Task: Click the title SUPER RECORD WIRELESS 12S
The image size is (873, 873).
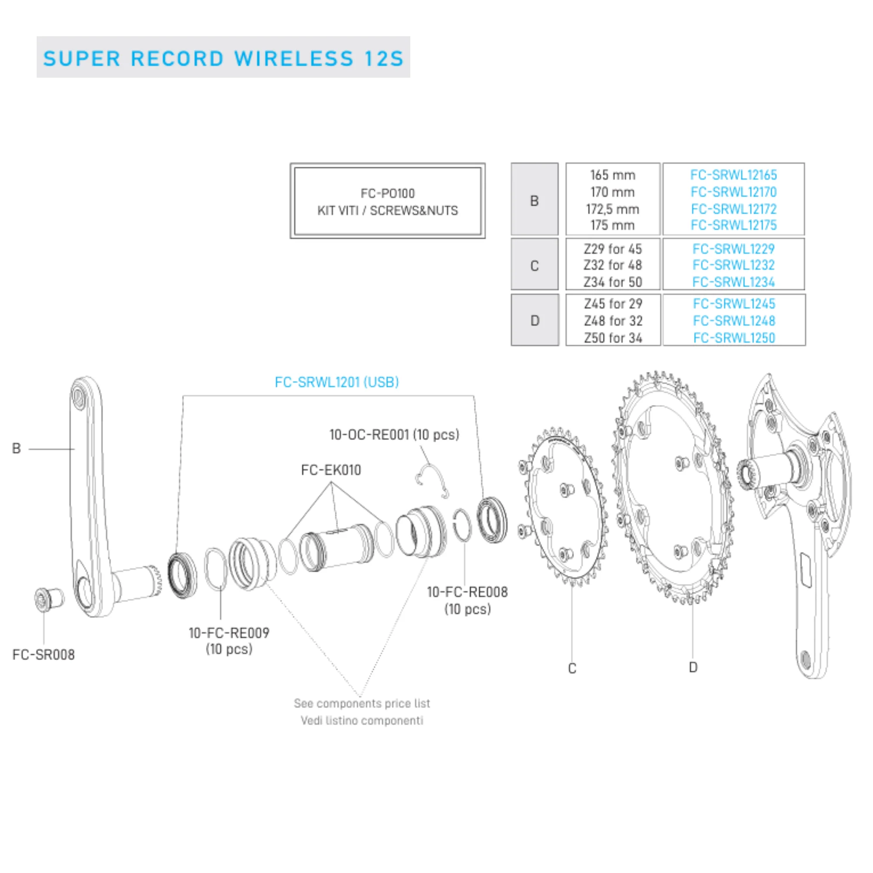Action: coord(223,59)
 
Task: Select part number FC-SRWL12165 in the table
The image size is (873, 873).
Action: coord(733,175)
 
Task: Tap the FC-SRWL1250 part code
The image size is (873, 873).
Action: coord(734,337)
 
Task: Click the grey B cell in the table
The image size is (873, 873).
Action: coord(535,199)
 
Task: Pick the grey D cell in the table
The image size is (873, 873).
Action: coord(535,320)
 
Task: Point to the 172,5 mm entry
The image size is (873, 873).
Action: coord(613,209)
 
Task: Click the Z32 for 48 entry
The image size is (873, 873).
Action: coord(613,265)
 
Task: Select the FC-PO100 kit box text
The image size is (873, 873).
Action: coord(388,202)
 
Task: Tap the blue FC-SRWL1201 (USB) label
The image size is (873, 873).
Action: coord(337,382)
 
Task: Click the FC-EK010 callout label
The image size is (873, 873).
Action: coord(331,470)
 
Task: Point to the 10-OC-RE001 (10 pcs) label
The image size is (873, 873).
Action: coord(394,435)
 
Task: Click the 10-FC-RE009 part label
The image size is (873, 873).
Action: coord(229,632)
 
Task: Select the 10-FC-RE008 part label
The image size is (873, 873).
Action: coord(467,592)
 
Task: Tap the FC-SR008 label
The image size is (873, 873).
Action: coord(43,655)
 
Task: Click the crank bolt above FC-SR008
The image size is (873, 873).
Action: coord(49,599)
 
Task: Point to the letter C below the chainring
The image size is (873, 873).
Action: coord(572,668)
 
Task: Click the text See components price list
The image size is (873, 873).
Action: coord(362,704)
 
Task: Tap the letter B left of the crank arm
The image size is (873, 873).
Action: coord(16,448)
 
